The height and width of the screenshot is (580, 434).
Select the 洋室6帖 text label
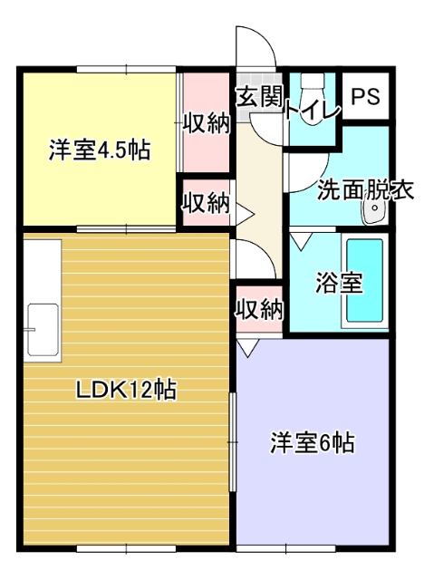pyautogui.click(x=312, y=443)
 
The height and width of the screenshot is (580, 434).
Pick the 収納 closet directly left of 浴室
pyautogui.click(x=259, y=309)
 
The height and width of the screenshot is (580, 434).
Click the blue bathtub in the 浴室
pyautogui.click(x=364, y=281)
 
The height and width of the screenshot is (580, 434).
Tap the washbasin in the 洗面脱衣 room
pyautogui.click(x=373, y=213)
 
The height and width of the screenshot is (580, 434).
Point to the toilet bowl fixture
pyautogui.click(x=313, y=91)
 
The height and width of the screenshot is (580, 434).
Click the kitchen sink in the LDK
pyautogui.click(x=43, y=327)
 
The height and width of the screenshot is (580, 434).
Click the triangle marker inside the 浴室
pyautogui.click(x=300, y=241)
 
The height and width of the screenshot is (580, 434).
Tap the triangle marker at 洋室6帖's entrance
pyautogui.click(x=248, y=347)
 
